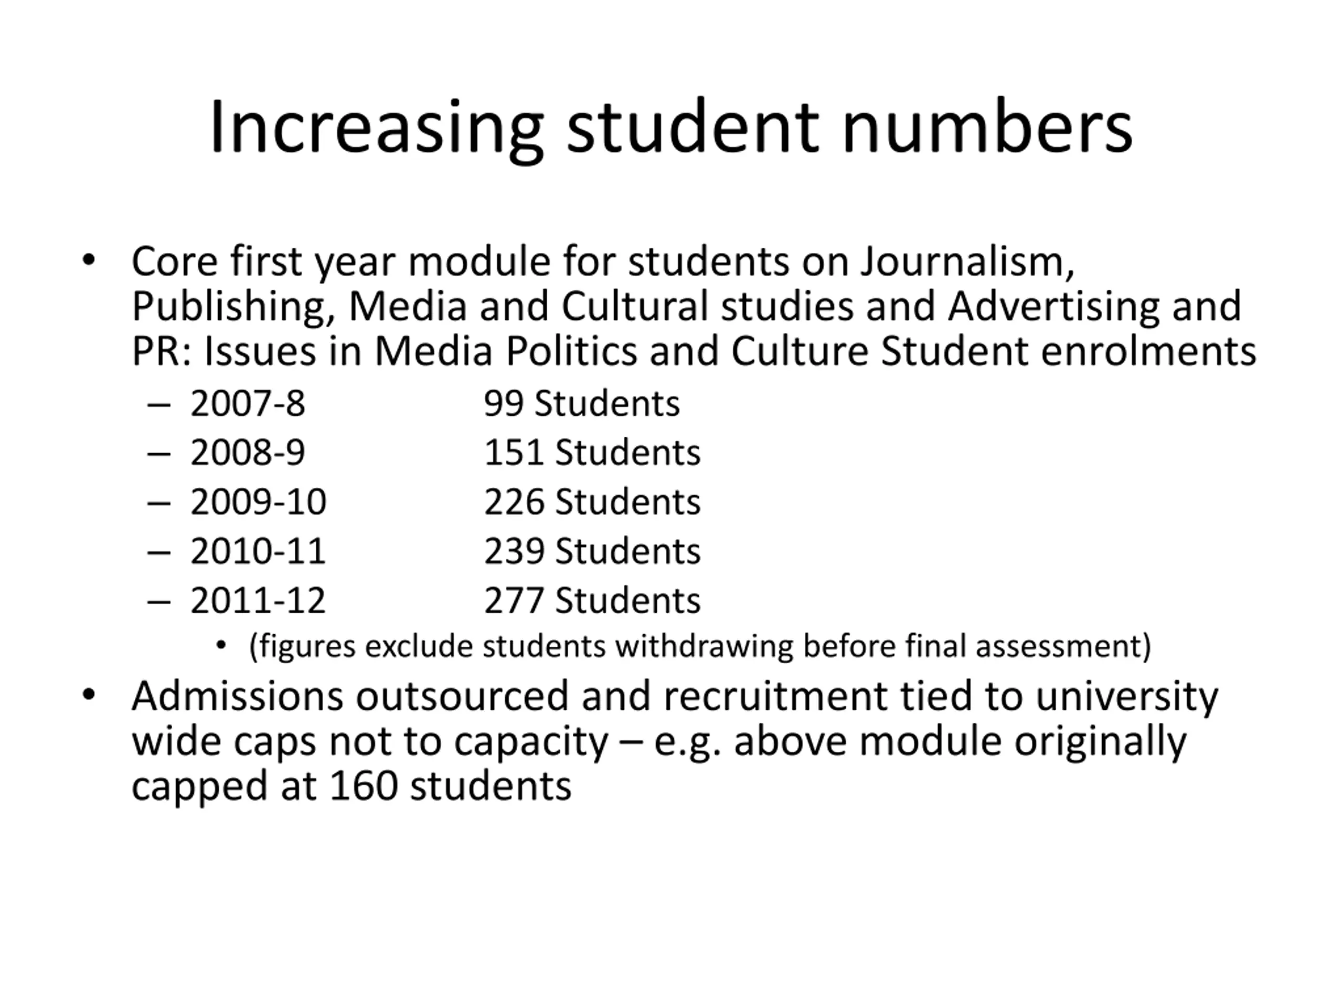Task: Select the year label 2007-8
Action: point(248,403)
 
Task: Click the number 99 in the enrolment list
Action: point(503,403)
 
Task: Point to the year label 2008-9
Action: point(248,453)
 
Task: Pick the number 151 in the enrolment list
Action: point(513,453)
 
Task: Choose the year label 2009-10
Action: point(258,502)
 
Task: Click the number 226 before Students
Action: point(513,502)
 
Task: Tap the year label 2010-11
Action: point(258,551)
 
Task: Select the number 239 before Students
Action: point(513,551)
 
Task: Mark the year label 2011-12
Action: point(258,600)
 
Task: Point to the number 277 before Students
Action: point(513,600)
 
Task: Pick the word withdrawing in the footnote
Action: point(704,646)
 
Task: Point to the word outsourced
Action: point(462,696)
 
